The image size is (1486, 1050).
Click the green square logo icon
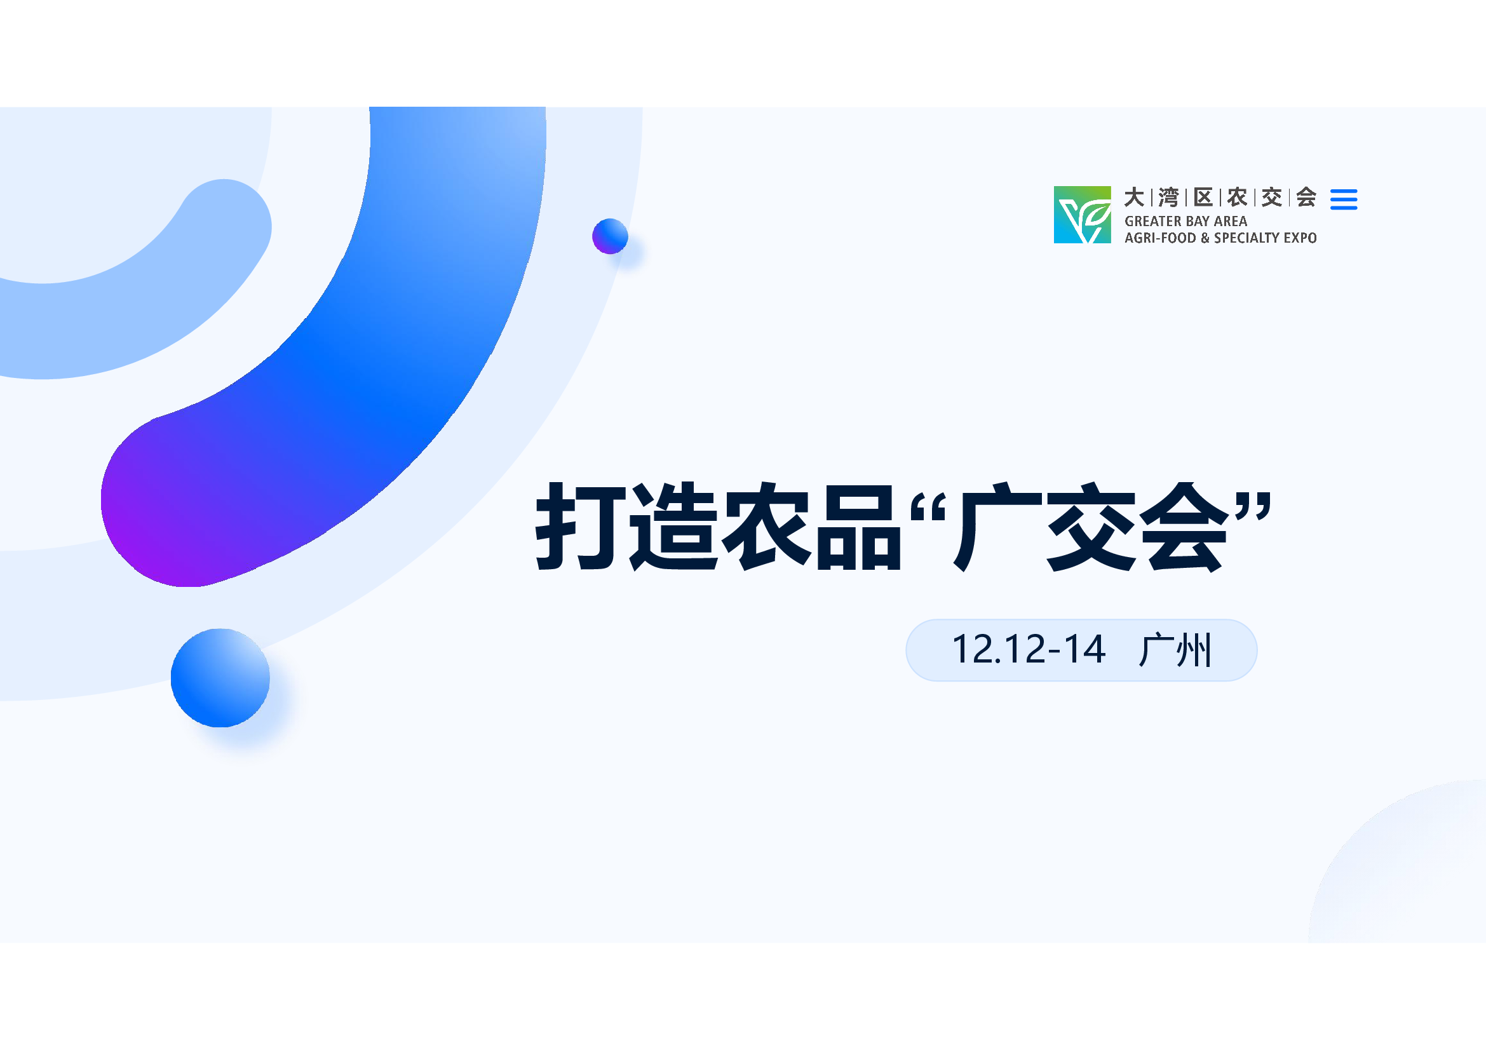point(1082,215)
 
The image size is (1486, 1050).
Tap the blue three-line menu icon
point(1344,199)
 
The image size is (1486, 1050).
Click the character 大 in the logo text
point(1134,198)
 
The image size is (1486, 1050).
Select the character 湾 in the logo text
point(1168,198)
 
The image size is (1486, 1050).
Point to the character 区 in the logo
point(1203,198)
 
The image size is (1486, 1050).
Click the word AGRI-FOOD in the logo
point(1160,238)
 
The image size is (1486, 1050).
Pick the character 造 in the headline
point(673,526)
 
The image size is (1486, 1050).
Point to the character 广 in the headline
point(997,526)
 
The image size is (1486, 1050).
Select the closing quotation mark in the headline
point(1253,507)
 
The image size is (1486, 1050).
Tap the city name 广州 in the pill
point(1175,650)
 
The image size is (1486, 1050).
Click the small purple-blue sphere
point(611,236)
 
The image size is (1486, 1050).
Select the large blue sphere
point(220,678)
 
